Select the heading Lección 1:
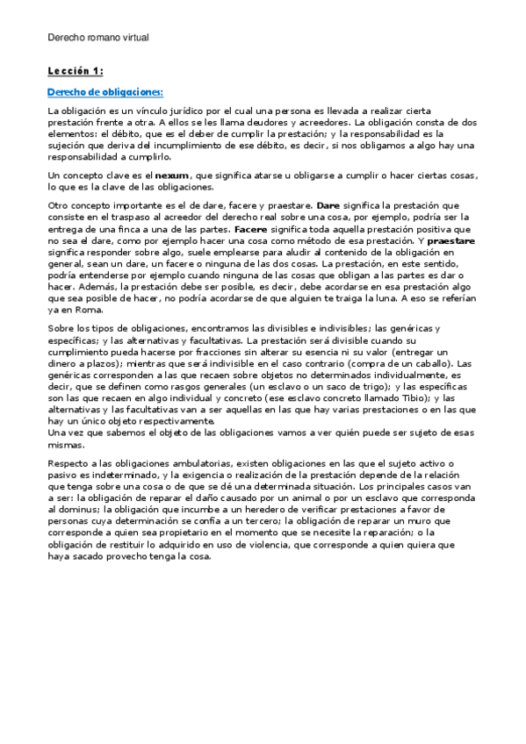(75, 70)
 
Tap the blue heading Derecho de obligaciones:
(104, 92)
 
